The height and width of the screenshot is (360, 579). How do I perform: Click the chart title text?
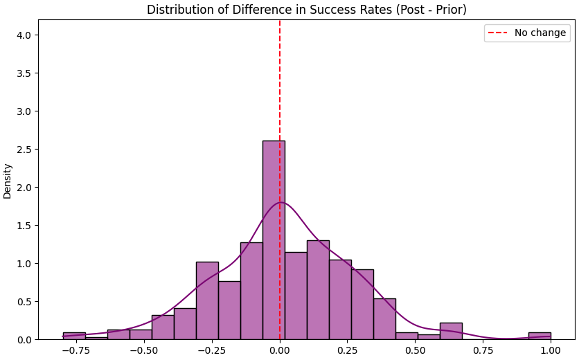tap(306, 10)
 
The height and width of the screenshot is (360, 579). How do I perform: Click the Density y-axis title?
tap(8, 181)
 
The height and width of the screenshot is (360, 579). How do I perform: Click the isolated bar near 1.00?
tap(540, 336)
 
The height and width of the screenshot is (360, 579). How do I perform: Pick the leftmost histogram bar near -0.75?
tap(74, 336)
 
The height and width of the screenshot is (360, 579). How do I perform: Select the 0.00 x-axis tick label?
tap(280, 350)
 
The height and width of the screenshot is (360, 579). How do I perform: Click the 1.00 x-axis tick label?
tap(551, 350)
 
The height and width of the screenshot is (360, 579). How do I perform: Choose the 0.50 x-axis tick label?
tap(415, 350)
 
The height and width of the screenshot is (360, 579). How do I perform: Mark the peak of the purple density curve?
tap(280, 202)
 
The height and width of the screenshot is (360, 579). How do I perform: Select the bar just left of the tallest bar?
tap(251, 291)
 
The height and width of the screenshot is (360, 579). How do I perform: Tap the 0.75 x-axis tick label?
tap(483, 350)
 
